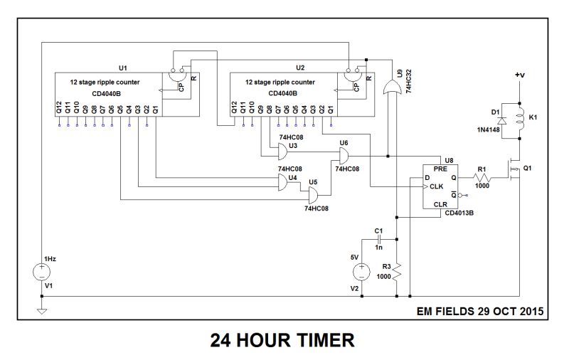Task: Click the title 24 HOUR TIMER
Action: point(282,341)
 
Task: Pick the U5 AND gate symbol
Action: point(312,196)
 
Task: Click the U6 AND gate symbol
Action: point(341,157)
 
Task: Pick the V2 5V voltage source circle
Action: point(361,271)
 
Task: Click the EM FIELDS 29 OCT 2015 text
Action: point(479,311)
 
